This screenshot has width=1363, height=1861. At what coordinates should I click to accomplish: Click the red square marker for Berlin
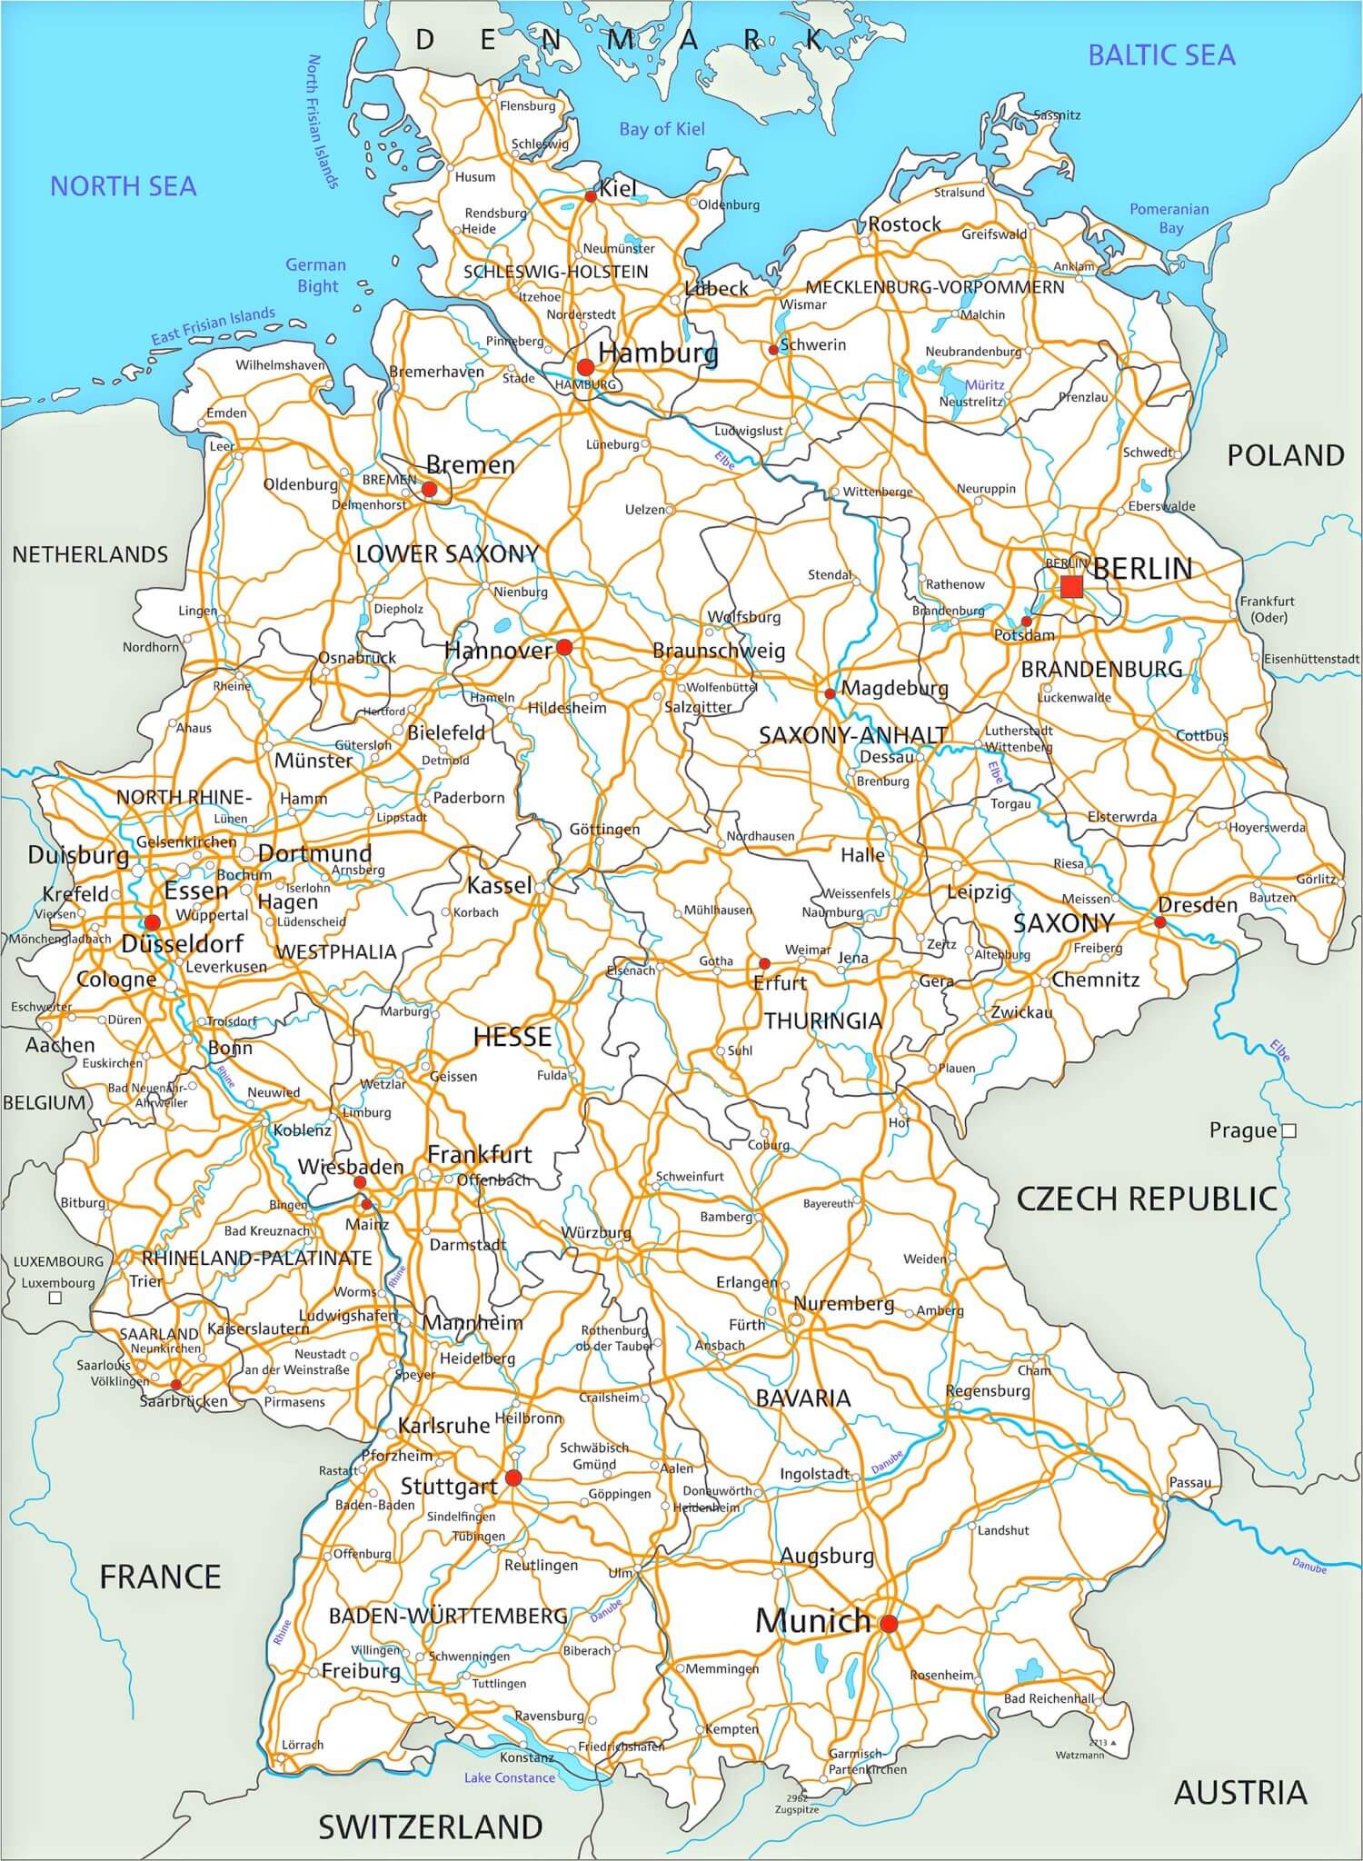pos(1071,587)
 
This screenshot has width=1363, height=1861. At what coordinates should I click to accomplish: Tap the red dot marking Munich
pos(889,1623)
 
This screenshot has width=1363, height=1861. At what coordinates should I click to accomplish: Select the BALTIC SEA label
pos(1161,55)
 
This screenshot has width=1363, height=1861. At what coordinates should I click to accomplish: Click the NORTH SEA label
pos(123,186)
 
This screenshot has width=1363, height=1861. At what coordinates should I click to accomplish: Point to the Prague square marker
pos(1288,1131)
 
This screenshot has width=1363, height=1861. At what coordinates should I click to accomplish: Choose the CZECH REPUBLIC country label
pos(1147,1199)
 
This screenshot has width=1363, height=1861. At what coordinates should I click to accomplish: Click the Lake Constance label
pos(509,1777)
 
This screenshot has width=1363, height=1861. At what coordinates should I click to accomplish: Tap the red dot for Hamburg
pos(585,366)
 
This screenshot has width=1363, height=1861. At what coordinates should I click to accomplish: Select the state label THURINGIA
pos(822,1020)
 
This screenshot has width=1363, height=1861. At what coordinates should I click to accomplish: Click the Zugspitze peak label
pos(797,1809)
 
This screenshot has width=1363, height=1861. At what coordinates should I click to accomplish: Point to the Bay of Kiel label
pos(662,129)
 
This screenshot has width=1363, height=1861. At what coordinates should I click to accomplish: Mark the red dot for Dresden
pos(1159,921)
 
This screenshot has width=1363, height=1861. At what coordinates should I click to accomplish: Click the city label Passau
pos(1189,1482)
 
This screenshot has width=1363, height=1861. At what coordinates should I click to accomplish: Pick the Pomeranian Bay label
pos(1169,218)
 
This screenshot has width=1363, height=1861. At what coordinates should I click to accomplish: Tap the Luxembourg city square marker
pos(55,1298)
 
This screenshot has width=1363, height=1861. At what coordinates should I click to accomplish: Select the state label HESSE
pos(512,1037)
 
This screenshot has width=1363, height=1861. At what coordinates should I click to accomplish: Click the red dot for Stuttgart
pos(512,1478)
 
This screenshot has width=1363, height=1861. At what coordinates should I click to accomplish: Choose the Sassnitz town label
pos(1057,115)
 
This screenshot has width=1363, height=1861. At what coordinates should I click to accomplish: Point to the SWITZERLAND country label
pos(430,1826)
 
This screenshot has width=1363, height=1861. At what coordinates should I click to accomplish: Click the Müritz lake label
pos(984,384)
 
